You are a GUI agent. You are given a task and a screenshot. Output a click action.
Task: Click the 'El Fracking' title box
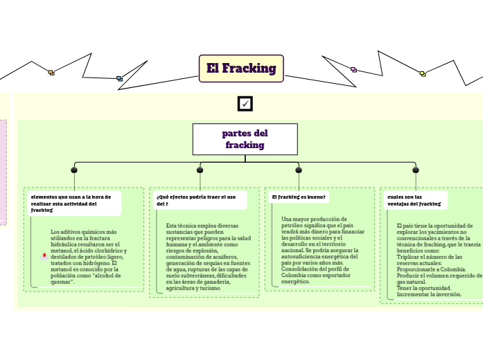click(241, 69)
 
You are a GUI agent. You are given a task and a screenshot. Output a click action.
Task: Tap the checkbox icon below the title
click(245, 104)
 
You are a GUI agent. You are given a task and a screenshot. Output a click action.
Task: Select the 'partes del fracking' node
click(245, 139)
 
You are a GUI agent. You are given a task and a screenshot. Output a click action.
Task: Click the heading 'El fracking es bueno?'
click(299, 197)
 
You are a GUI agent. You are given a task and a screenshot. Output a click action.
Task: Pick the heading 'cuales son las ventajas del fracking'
click(414, 201)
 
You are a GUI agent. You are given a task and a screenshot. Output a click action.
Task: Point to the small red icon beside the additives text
click(44, 255)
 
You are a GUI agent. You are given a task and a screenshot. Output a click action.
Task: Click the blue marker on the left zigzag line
click(119, 78)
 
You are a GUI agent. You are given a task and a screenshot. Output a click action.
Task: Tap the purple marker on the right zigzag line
click(353, 69)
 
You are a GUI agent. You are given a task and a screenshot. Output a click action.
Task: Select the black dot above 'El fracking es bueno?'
click(299, 170)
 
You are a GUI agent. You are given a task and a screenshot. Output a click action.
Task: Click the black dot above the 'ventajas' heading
click(415, 170)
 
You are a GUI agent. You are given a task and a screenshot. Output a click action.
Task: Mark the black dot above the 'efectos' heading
click(200, 170)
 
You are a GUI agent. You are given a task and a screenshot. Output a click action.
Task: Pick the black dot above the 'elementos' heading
click(74, 170)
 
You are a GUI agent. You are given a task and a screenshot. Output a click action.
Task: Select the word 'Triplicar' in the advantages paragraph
click(408, 257)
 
